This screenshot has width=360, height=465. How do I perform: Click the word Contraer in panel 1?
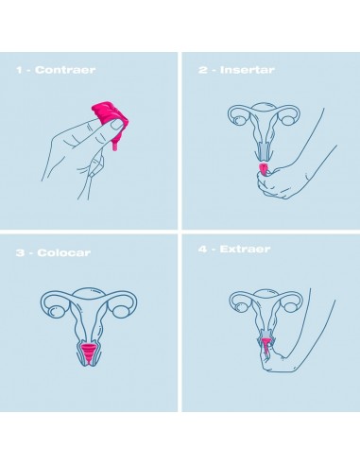click(65, 70)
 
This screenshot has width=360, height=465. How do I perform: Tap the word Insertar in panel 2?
click(247, 70)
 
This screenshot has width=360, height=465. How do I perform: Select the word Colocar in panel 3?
click(63, 252)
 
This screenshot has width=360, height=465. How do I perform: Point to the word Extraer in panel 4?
click(245, 250)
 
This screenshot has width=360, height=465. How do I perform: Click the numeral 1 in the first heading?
click(19, 70)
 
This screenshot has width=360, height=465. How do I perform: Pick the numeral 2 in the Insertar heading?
click(202, 70)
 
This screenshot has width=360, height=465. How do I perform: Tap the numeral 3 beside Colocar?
click(20, 252)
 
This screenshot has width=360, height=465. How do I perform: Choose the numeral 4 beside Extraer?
click(202, 250)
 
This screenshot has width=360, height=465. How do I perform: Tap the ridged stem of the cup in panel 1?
click(115, 146)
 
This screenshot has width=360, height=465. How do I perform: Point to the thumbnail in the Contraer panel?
click(117, 124)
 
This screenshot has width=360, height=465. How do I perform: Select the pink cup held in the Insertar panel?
click(263, 170)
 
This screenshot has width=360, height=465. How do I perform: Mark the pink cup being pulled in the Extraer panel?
click(266, 346)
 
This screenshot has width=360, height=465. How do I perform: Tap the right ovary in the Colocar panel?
click(121, 311)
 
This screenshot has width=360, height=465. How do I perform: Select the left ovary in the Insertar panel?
click(240, 120)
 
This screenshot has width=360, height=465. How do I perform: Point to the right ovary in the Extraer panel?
click(289, 306)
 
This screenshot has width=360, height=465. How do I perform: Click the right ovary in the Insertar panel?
click(287, 120)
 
